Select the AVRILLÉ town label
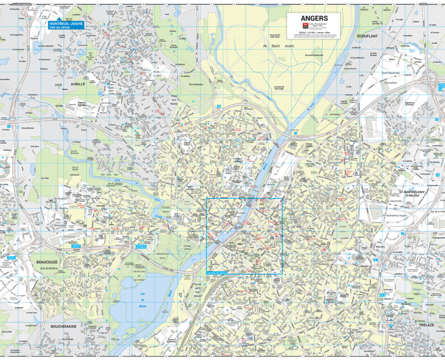pos(77,84)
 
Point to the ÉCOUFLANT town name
pos(368,35)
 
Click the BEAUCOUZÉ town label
pos(47,262)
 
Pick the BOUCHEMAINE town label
pos(63,326)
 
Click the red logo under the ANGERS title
pos(304,25)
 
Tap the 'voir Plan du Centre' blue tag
pos(216,273)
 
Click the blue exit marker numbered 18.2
pos(381,295)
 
